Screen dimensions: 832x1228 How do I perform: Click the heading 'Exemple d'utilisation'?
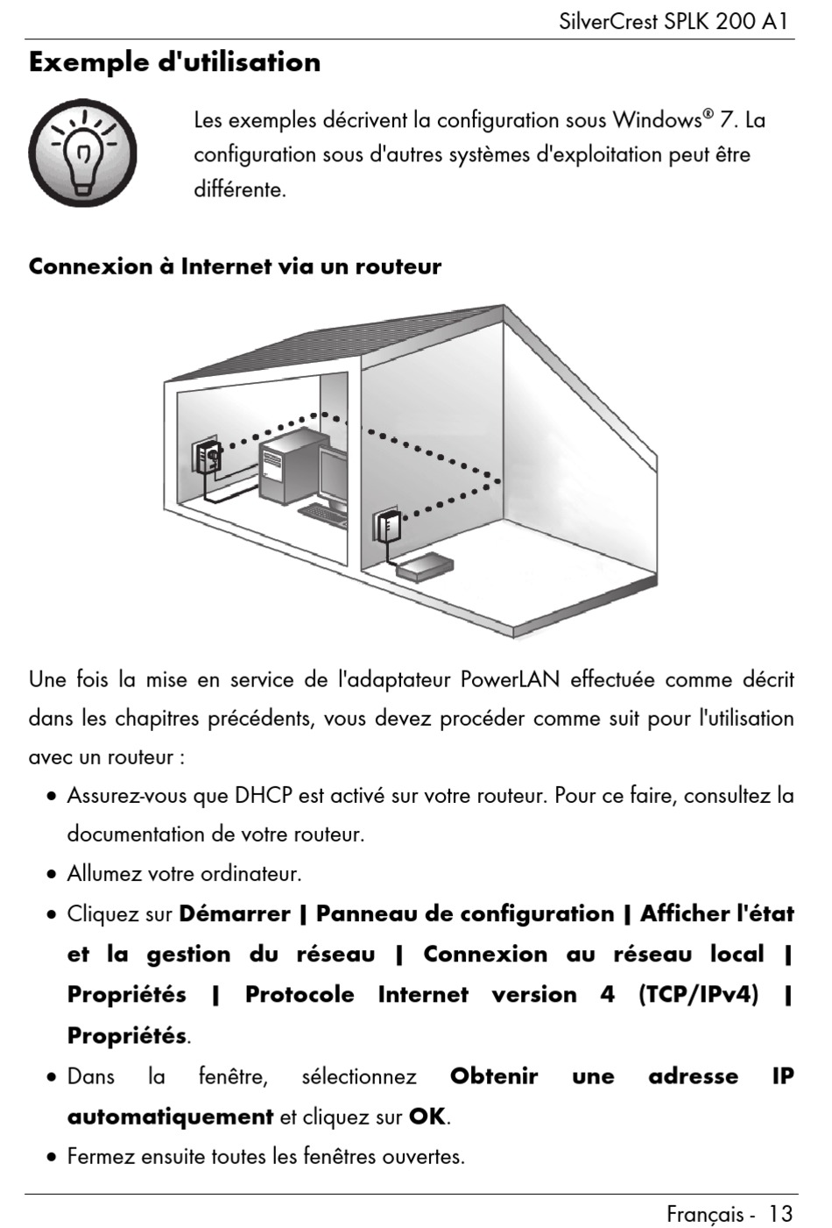pyautogui.click(x=175, y=62)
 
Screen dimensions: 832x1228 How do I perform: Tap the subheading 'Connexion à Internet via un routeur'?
pyautogui.click(x=235, y=266)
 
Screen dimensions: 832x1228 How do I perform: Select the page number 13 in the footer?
pyautogui.click(x=780, y=1213)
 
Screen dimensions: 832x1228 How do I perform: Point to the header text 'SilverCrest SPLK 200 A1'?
pyautogui.click(x=675, y=21)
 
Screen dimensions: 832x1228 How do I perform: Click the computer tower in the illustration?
pyautogui.click(x=286, y=470)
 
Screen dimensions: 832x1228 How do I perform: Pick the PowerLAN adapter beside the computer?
pyautogui.click(x=208, y=458)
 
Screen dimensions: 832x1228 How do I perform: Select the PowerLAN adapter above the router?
pyautogui.click(x=386, y=527)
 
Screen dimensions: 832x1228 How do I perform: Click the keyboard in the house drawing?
pyautogui.click(x=322, y=510)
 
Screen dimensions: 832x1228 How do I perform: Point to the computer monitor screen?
pyautogui.click(x=335, y=474)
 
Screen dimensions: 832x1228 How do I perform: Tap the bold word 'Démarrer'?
pyautogui.click(x=234, y=914)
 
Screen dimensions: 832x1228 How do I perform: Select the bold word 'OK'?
pyautogui.click(x=427, y=1117)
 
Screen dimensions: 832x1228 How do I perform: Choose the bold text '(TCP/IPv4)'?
pyautogui.click(x=698, y=995)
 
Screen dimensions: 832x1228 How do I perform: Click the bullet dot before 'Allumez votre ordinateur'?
pyautogui.click(x=53, y=875)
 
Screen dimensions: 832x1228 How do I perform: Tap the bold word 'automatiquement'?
pyautogui.click(x=170, y=1117)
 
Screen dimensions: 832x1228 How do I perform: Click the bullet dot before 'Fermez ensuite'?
pyautogui.click(x=53, y=1157)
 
